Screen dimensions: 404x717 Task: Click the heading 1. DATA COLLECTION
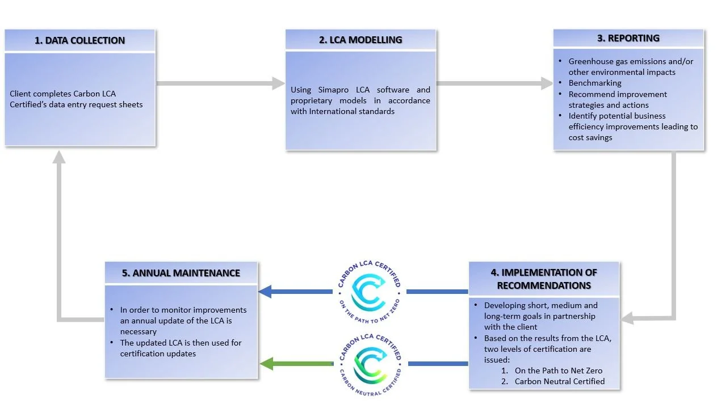79,40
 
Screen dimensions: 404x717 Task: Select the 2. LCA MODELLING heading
360,40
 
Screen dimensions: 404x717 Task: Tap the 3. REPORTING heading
628,38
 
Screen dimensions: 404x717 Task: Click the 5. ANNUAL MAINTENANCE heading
181,273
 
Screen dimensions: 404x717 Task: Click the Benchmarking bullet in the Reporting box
594,83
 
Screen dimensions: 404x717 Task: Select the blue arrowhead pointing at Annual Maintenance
265,292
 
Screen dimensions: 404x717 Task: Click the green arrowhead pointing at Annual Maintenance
266,363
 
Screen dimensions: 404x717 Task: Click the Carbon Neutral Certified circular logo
370,363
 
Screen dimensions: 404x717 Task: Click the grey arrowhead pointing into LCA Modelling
278,83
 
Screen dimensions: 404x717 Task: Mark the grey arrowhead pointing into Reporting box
546,83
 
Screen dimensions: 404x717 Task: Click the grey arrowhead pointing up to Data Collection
59,157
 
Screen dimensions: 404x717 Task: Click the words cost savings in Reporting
590,138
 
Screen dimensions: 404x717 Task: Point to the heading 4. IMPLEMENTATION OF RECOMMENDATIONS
543,279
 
